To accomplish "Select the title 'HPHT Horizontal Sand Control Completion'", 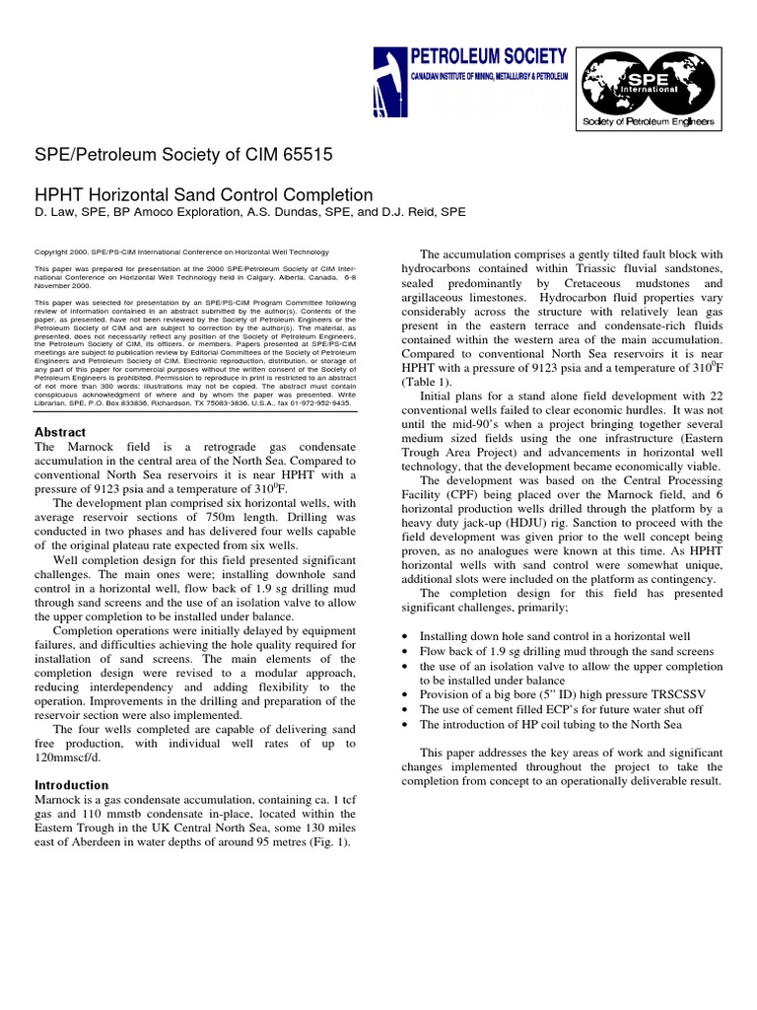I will tap(203, 195).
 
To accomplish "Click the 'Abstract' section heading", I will tap(60, 432).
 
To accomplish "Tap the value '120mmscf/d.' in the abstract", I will tap(71, 759).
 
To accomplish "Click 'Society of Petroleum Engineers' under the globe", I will tap(649, 121).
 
